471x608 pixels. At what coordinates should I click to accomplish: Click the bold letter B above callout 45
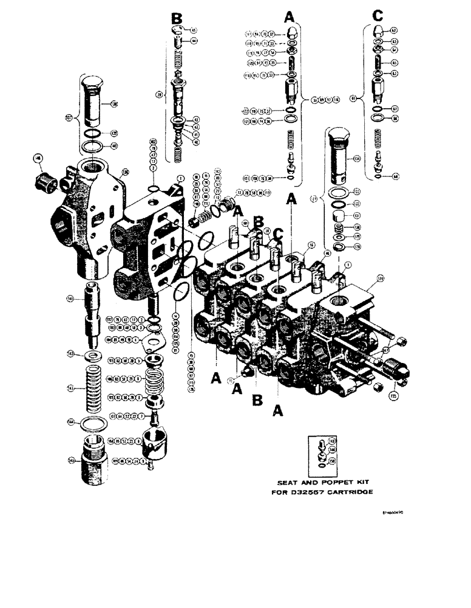177,21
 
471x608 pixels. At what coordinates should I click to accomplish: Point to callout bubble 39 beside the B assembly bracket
159,95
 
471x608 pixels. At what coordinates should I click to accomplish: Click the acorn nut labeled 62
378,31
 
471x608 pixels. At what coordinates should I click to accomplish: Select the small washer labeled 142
95,354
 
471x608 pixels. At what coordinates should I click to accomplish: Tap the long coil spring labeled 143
95,387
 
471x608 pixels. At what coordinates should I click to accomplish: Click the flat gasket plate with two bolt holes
150,344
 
